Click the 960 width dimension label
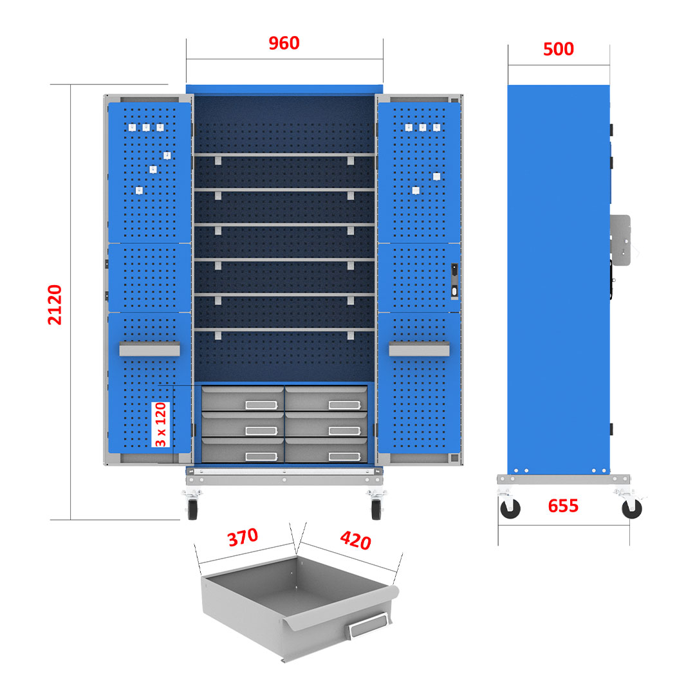click(x=284, y=43)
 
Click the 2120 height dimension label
click(x=55, y=304)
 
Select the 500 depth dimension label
click(x=558, y=50)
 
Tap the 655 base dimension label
click(x=563, y=506)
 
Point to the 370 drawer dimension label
click(x=242, y=538)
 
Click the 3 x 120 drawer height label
click(x=161, y=424)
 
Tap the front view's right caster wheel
click(x=376, y=508)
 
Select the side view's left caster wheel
click(x=510, y=508)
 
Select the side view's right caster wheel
click(x=632, y=508)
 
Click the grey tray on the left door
click(x=149, y=349)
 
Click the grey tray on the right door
click(x=419, y=349)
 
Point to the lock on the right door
click(x=455, y=281)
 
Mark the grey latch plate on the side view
click(x=620, y=239)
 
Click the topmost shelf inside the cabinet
click(x=284, y=154)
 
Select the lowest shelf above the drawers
click(x=284, y=329)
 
